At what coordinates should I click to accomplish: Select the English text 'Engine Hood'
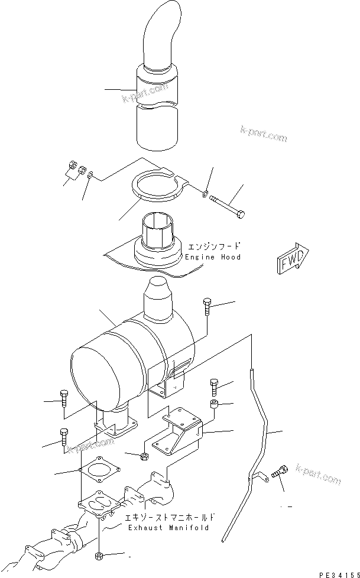click(213, 258)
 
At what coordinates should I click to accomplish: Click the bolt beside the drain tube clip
click(280, 473)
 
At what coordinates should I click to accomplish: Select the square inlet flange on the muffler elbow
click(115, 427)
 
